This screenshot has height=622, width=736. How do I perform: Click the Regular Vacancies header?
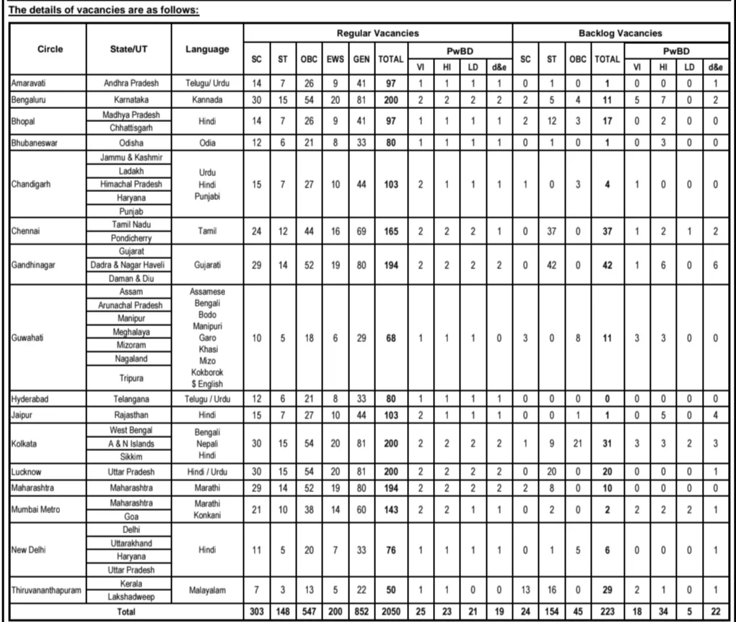coord(377,33)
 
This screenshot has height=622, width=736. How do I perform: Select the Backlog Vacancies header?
coord(620,33)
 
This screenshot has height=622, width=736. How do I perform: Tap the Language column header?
coord(207,49)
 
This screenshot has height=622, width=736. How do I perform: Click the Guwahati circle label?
coord(27,338)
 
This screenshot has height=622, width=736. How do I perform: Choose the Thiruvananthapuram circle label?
coord(46,590)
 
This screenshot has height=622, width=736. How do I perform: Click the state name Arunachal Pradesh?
coord(130,305)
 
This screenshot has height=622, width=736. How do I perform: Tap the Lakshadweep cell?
coord(129,597)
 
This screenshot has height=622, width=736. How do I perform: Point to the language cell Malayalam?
coord(207,590)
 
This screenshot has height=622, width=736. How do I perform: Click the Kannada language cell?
coord(207,99)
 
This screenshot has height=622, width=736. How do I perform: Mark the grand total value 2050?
coord(390,612)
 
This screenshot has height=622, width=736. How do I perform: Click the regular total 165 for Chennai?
coord(390,231)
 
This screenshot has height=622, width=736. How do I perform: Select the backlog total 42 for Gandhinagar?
coord(607,265)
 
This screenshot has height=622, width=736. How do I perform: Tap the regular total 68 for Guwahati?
coord(390,338)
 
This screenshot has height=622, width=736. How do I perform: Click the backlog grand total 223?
coord(607,612)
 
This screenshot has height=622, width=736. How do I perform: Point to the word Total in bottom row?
coord(126,612)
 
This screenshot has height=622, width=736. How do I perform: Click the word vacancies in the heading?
coord(95,10)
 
